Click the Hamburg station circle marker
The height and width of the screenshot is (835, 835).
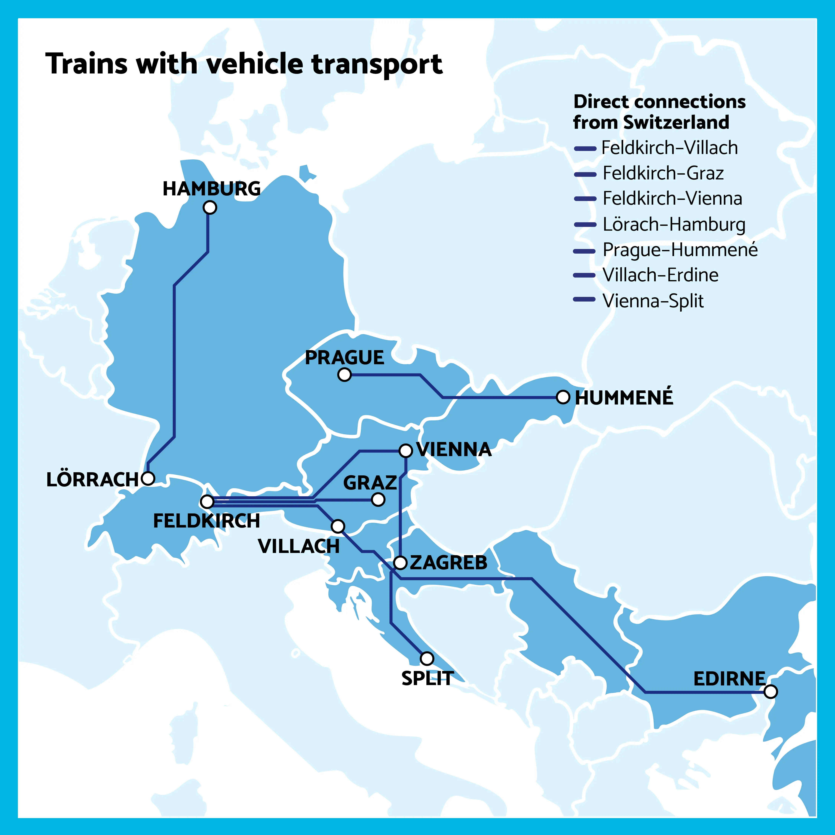pos(210,207)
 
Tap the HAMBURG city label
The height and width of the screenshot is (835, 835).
pos(211,189)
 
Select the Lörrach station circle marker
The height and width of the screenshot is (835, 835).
pos(148,478)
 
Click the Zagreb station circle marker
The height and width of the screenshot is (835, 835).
pos(401,563)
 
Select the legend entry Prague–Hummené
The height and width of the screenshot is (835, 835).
pos(680,250)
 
